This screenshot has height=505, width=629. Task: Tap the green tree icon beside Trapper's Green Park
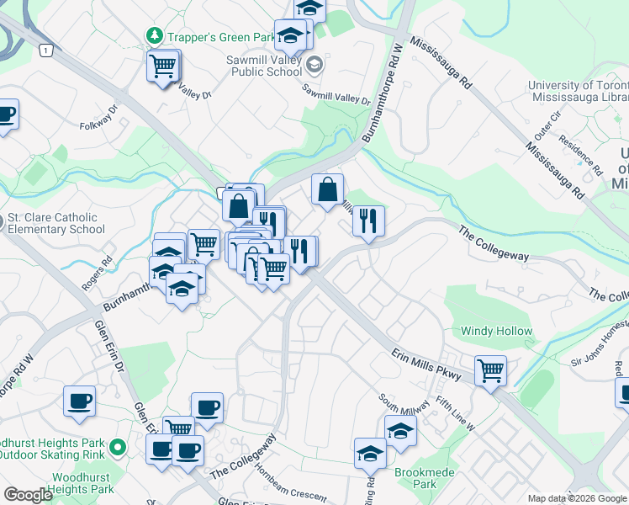154,36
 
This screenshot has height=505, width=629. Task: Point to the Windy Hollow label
496,331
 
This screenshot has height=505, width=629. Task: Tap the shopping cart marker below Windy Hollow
490,369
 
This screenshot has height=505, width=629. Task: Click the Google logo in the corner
28,495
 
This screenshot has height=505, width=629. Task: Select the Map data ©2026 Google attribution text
577,498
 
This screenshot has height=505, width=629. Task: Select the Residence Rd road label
580,156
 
